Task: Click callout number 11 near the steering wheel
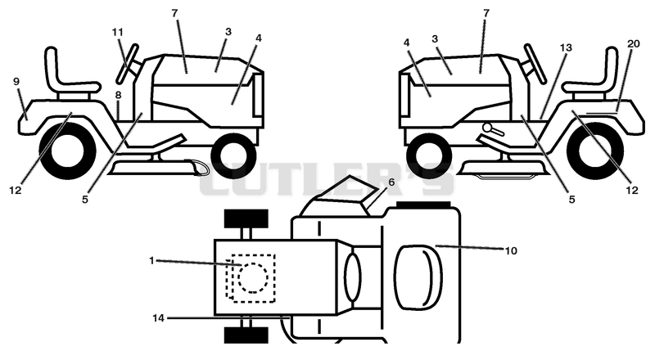(118, 32)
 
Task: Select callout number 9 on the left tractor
(16, 82)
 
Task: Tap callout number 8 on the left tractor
(118, 95)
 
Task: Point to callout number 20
(633, 43)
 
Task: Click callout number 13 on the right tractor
(566, 47)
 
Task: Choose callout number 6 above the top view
(391, 182)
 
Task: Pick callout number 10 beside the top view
(511, 250)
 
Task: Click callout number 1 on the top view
(151, 261)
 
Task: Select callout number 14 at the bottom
(158, 318)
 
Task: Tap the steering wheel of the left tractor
(127, 64)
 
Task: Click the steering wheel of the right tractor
(535, 64)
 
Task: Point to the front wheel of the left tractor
(233, 155)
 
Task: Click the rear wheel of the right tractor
(595, 150)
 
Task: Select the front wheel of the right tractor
(429, 155)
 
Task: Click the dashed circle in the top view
(253, 277)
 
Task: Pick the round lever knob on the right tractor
(487, 127)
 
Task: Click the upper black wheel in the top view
(246, 218)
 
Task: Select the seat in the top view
(418, 277)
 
